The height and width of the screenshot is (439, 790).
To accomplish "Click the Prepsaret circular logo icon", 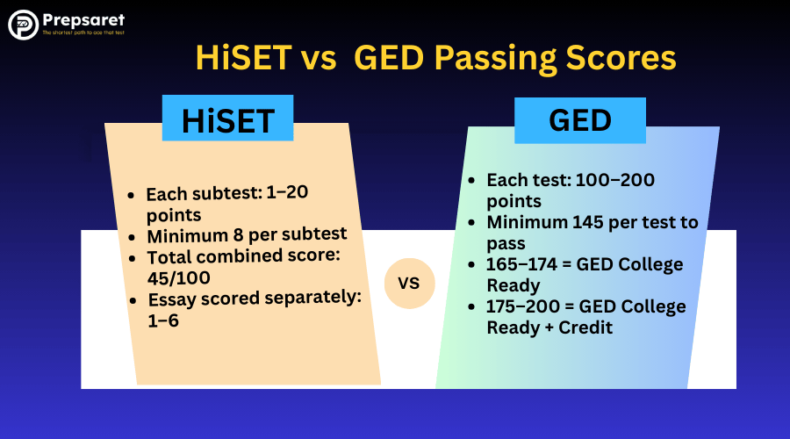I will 23,25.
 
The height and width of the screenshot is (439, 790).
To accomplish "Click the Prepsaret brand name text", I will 83,19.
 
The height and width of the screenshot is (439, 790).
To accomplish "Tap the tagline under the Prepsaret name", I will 83,33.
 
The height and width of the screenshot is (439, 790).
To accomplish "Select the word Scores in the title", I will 624,58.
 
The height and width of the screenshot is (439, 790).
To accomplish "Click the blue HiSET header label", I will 227,119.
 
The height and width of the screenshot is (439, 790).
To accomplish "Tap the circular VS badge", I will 410,284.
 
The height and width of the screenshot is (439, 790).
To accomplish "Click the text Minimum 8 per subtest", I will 247,234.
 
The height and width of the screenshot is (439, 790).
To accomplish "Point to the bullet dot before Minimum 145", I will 470,222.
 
